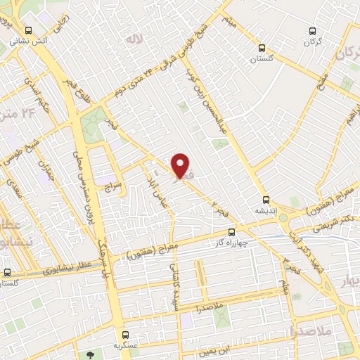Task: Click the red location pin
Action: (x=181, y=166)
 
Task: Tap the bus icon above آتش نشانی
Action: (x=29, y=31)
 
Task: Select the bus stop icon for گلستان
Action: (x=262, y=49)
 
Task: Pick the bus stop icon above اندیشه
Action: (x=266, y=199)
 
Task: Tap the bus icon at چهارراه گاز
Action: (x=232, y=232)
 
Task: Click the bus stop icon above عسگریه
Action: (x=125, y=335)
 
